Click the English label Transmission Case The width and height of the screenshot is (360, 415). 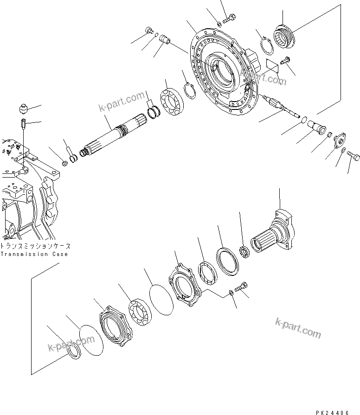(34, 254)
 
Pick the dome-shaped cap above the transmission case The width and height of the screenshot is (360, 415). (22, 109)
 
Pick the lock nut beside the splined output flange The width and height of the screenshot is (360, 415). (245, 252)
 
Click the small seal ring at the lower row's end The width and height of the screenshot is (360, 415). (74, 353)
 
